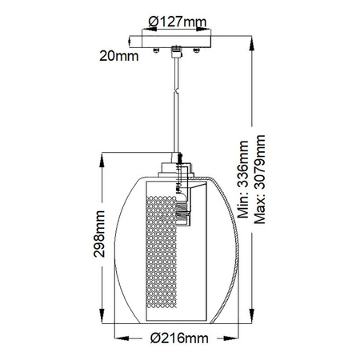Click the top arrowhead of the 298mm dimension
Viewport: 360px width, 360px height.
[102, 158]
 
